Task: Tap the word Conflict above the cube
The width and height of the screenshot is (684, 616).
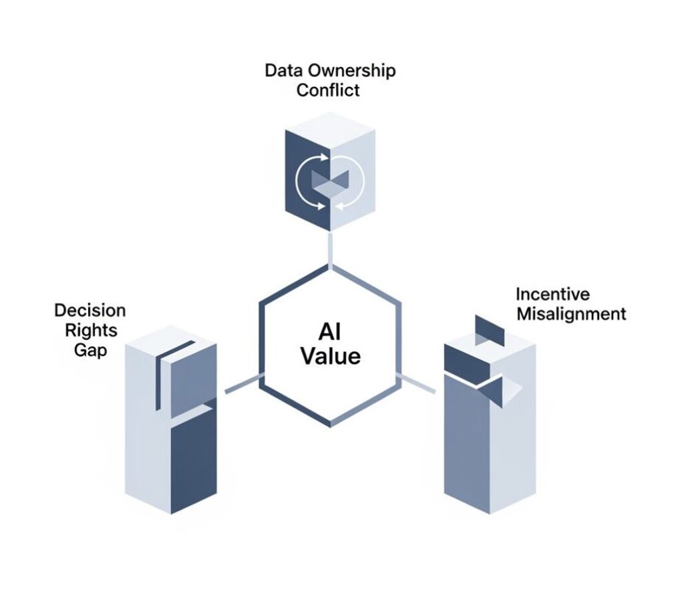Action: tap(328, 90)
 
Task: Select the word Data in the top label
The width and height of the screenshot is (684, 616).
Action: tap(282, 70)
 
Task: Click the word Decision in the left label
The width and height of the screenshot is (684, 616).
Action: tap(90, 310)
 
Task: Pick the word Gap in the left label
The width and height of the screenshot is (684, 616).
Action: tap(90, 350)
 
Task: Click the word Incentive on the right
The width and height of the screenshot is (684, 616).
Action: tap(552, 294)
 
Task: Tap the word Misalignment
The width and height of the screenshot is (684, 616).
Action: tap(570, 313)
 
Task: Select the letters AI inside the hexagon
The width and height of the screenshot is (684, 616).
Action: tap(330, 331)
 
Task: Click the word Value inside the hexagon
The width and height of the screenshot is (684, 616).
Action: tap(330, 355)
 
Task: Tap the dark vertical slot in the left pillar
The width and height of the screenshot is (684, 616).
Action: tap(159, 378)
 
